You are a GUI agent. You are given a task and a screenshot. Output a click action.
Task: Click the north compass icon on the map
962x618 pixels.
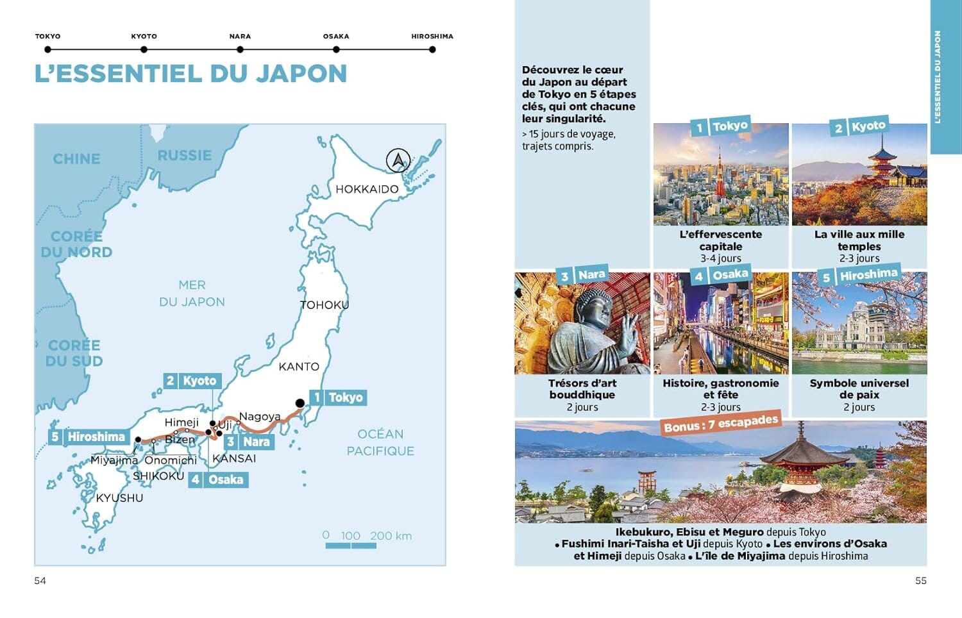pos(398,160)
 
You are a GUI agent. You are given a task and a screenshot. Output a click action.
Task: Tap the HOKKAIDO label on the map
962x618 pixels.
pos(367,189)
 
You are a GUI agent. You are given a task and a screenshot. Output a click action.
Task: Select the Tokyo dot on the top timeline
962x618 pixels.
pos(48,49)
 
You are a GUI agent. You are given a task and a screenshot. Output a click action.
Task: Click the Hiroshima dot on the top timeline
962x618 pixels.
pos(432,49)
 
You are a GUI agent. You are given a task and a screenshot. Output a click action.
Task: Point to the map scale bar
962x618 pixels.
pos(351,546)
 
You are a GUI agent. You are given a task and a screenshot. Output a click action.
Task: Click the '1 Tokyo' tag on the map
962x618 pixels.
pos(337,397)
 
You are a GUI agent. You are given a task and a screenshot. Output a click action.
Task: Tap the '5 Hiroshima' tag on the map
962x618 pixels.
pos(89,437)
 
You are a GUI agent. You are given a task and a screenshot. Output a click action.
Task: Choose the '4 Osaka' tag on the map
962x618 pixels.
pos(218,480)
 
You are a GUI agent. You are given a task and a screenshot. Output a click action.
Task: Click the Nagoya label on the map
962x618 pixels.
pos(260,417)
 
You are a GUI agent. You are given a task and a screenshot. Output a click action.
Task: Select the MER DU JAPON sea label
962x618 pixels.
pos(192,294)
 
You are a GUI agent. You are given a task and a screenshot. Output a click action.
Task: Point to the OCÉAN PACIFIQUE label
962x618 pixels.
pos(380,442)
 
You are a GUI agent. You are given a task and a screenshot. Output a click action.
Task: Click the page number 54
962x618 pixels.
pos(40,581)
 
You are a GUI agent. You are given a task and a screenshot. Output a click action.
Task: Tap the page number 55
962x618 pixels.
pos(921,581)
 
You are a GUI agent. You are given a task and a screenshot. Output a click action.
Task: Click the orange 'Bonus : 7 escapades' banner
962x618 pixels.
pos(721,424)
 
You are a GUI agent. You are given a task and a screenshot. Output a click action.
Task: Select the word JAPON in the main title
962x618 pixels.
pos(301,74)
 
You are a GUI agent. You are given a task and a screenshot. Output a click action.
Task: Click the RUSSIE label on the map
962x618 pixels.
pos(184,156)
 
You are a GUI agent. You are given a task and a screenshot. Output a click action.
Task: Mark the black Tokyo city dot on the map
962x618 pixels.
pos(300,403)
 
